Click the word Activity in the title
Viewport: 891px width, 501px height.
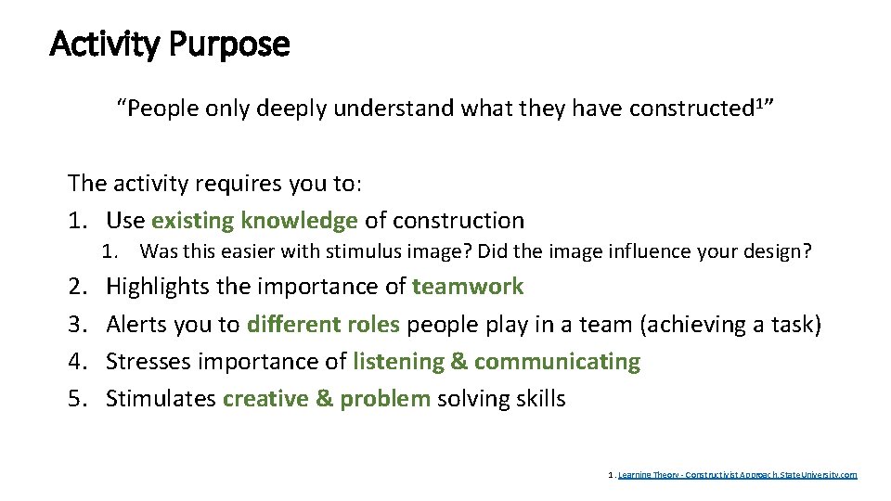tap(105, 44)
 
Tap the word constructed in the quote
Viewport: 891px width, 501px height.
tap(690, 109)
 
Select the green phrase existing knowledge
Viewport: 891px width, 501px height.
tap(254, 221)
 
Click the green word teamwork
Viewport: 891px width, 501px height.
tap(468, 287)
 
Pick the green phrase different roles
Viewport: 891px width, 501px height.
tap(323, 325)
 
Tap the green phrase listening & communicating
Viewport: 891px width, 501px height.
tap(497, 362)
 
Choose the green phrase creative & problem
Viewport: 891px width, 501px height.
tap(327, 399)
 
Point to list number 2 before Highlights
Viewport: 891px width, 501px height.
tap(76, 287)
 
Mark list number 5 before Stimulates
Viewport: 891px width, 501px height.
tap(76, 399)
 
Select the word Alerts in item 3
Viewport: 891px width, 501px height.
tap(136, 325)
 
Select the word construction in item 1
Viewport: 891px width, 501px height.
tap(458, 221)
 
